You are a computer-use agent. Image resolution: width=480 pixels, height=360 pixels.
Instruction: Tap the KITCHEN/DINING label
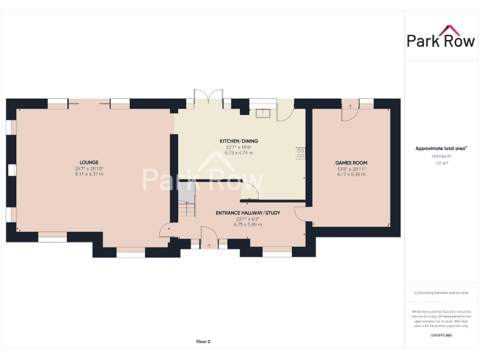(x=238, y=141)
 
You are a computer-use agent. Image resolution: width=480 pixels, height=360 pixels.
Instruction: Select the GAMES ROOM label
(x=351, y=162)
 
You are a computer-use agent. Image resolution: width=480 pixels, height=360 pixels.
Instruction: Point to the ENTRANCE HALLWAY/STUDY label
(x=247, y=213)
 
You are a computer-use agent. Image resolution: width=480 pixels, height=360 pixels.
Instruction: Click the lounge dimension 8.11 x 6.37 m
(x=89, y=174)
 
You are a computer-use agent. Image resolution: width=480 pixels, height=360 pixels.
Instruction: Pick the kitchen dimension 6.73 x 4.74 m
(x=238, y=152)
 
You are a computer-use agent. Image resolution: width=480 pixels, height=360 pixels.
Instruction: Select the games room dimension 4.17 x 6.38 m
(x=351, y=174)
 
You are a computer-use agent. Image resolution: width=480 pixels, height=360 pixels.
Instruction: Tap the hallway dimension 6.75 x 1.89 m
(x=247, y=224)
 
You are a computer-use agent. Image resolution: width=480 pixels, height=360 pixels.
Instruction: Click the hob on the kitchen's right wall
(x=300, y=152)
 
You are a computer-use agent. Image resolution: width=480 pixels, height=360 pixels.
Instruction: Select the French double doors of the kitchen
(x=208, y=100)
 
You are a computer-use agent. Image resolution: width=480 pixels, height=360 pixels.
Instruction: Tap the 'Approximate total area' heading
(x=441, y=148)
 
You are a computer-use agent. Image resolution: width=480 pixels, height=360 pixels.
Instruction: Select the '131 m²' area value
(x=441, y=163)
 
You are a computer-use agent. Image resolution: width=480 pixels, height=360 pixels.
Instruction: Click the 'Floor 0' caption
(x=203, y=341)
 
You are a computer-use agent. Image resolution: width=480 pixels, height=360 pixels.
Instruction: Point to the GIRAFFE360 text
(x=441, y=336)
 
